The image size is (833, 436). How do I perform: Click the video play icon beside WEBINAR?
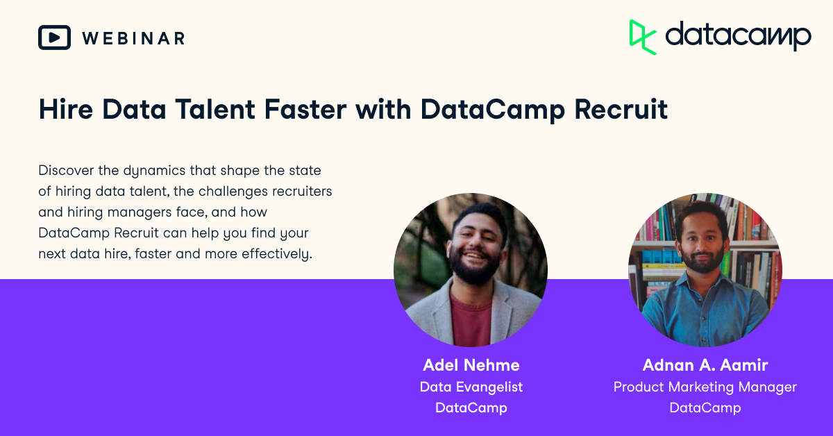pyautogui.click(x=54, y=37)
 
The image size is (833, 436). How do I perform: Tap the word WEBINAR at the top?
pyautogui.click(x=133, y=38)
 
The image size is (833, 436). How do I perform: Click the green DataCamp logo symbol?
pyautogui.click(x=642, y=36)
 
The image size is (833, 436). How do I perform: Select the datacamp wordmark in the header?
pyautogui.click(x=738, y=36)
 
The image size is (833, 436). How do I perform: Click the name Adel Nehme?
pyautogui.click(x=471, y=365)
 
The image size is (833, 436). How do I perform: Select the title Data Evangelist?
pyautogui.click(x=471, y=387)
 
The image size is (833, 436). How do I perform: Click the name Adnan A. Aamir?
pyautogui.click(x=705, y=365)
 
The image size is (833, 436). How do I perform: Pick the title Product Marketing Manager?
pyautogui.click(x=705, y=387)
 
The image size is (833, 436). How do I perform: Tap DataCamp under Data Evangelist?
pyautogui.click(x=471, y=408)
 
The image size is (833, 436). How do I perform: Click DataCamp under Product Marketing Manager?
pyautogui.click(x=705, y=408)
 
